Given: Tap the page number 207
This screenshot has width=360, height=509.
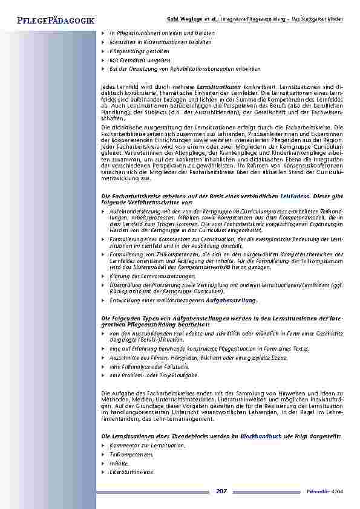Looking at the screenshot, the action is tap(221, 491).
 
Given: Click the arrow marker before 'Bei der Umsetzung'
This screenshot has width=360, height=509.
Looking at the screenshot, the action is tap(103, 70).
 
